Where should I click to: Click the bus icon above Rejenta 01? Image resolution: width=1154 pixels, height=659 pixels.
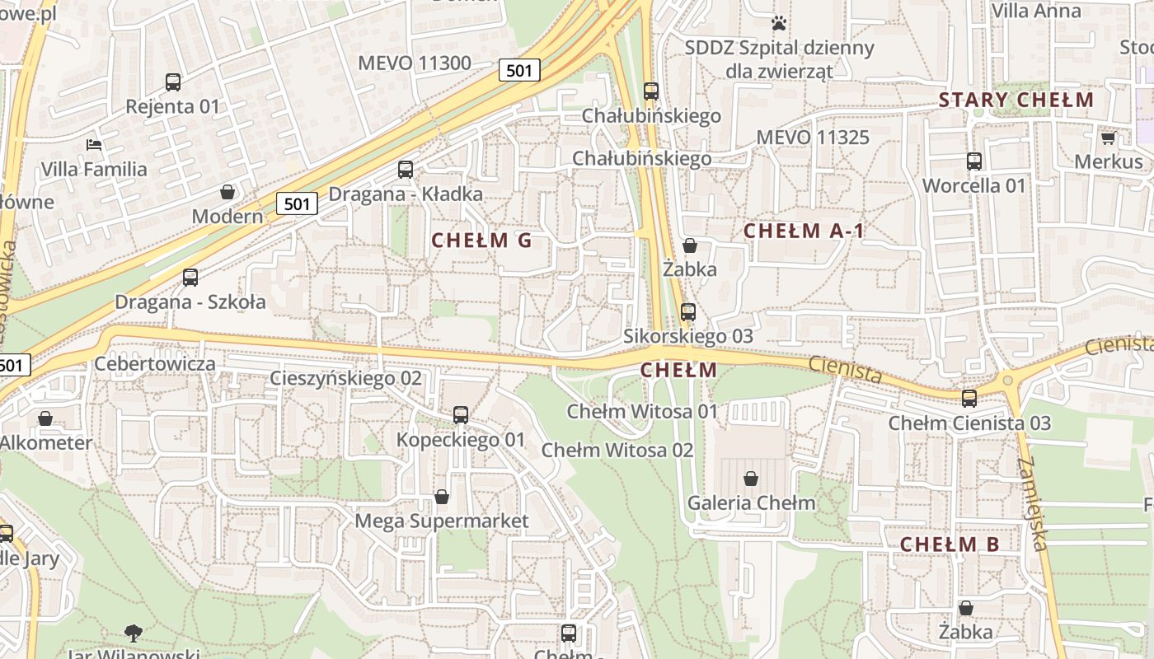click(x=173, y=82)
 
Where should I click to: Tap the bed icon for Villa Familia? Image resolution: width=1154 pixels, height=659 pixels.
click(x=95, y=145)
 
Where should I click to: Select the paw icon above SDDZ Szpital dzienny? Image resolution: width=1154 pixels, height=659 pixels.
click(x=779, y=23)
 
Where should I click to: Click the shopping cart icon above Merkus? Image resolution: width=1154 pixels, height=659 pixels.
click(x=1109, y=138)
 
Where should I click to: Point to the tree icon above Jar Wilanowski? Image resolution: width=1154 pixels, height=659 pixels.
click(x=134, y=633)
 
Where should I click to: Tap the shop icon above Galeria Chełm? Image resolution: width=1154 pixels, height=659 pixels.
click(x=751, y=478)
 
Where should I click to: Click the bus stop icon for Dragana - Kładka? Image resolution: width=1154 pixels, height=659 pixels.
click(x=406, y=170)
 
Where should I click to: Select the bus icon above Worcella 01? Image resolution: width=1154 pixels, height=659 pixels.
click(x=973, y=161)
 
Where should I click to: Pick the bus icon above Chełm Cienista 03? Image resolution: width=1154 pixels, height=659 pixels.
click(x=969, y=398)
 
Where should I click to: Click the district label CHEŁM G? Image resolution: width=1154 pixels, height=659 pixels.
click(x=481, y=241)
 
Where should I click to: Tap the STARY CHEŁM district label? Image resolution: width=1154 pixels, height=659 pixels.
click(x=1016, y=100)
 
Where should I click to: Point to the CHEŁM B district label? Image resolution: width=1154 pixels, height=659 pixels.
click(x=949, y=544)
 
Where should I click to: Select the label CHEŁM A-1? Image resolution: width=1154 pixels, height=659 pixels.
click(x=804, y=231)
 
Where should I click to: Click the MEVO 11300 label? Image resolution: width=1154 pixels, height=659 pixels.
click(x=415, y=63)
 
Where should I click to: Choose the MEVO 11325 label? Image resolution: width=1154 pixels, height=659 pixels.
click(x=812, y=137)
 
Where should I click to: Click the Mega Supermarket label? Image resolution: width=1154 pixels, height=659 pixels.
click(x=441, y=521)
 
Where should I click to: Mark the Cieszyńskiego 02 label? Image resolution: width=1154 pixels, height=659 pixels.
click(x=346, y=379)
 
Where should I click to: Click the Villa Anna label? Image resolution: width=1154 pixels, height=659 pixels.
click(x=1036, y=11)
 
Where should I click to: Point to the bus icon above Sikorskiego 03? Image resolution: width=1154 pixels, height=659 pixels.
click(x=688, y=312)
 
